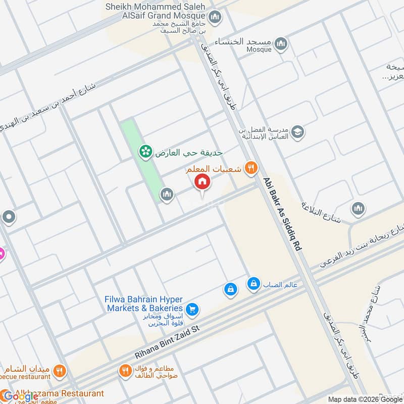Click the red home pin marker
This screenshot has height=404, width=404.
202,181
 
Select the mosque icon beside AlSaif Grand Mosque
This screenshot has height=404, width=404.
215,18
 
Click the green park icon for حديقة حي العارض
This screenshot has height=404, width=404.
146,151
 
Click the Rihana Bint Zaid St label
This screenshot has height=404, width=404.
168,341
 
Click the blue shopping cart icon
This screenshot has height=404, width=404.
191,309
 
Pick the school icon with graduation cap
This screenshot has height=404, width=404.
298,131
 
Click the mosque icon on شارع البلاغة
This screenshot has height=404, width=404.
358,208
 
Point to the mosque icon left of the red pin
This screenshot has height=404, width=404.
167,193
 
